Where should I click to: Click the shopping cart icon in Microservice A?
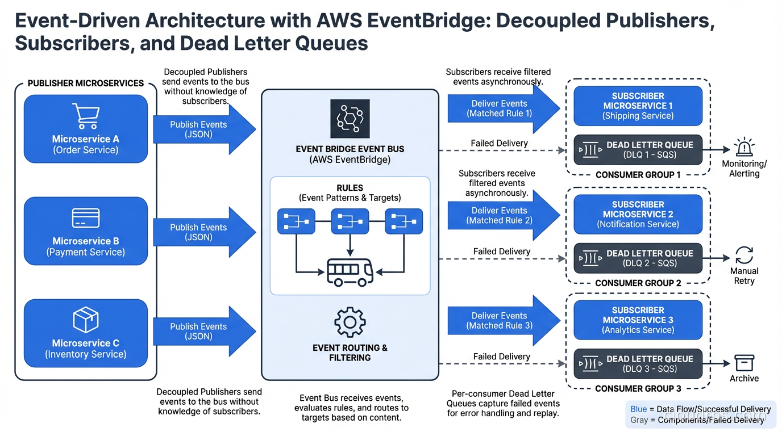(x=85, y=116)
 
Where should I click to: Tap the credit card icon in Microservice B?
(x=86, y=218)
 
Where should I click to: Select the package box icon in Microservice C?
(x=86, y=320)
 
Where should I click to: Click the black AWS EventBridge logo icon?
(x=350, y=119)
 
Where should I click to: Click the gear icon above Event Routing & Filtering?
(x=350, y=322)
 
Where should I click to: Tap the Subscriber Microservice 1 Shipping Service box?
(x=638, y=106)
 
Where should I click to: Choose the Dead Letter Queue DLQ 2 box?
(x=638, y=258)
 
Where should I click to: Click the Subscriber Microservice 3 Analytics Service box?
(x=638, y=320)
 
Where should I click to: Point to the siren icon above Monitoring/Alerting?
(x=743, y=148)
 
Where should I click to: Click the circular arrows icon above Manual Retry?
(x=744, y=255)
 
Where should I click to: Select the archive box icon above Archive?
(x=744, y=363)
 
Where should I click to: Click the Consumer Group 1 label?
(x=638, y=175)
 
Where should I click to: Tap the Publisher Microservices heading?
(x=86, y=83)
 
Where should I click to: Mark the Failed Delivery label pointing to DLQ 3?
(x=501, y=357)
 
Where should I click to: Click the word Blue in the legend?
(x=638, y=409)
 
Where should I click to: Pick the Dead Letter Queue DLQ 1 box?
(x=638, y=150)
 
